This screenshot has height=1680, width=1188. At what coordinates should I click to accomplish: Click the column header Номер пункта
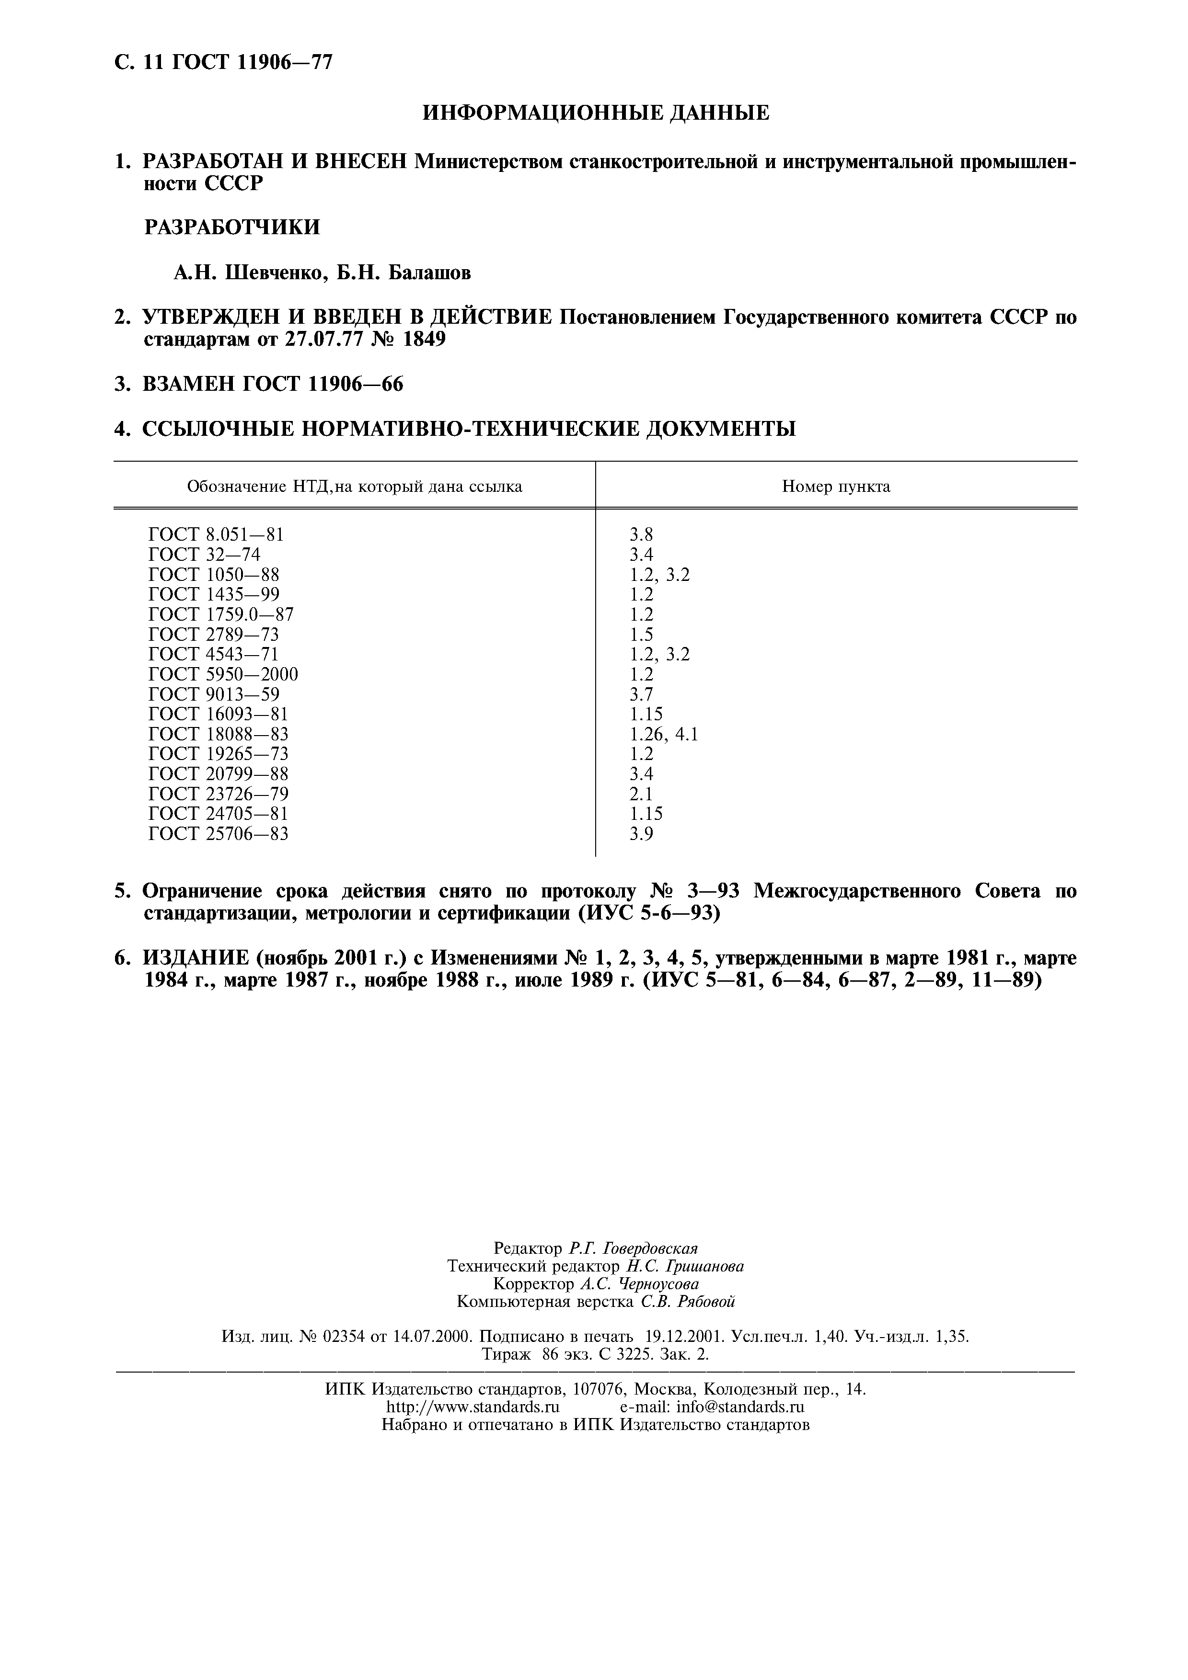point(836,487)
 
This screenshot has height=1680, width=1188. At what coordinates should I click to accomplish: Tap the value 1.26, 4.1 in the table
point(663,734)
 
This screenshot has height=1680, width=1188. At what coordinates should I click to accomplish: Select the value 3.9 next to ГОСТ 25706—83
point(641,833)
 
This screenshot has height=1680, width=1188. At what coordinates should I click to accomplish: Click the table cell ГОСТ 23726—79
point(218,794)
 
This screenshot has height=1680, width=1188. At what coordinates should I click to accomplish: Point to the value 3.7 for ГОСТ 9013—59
point(641,693)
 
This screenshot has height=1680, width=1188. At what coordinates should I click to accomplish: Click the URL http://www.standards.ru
point(472,1407)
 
